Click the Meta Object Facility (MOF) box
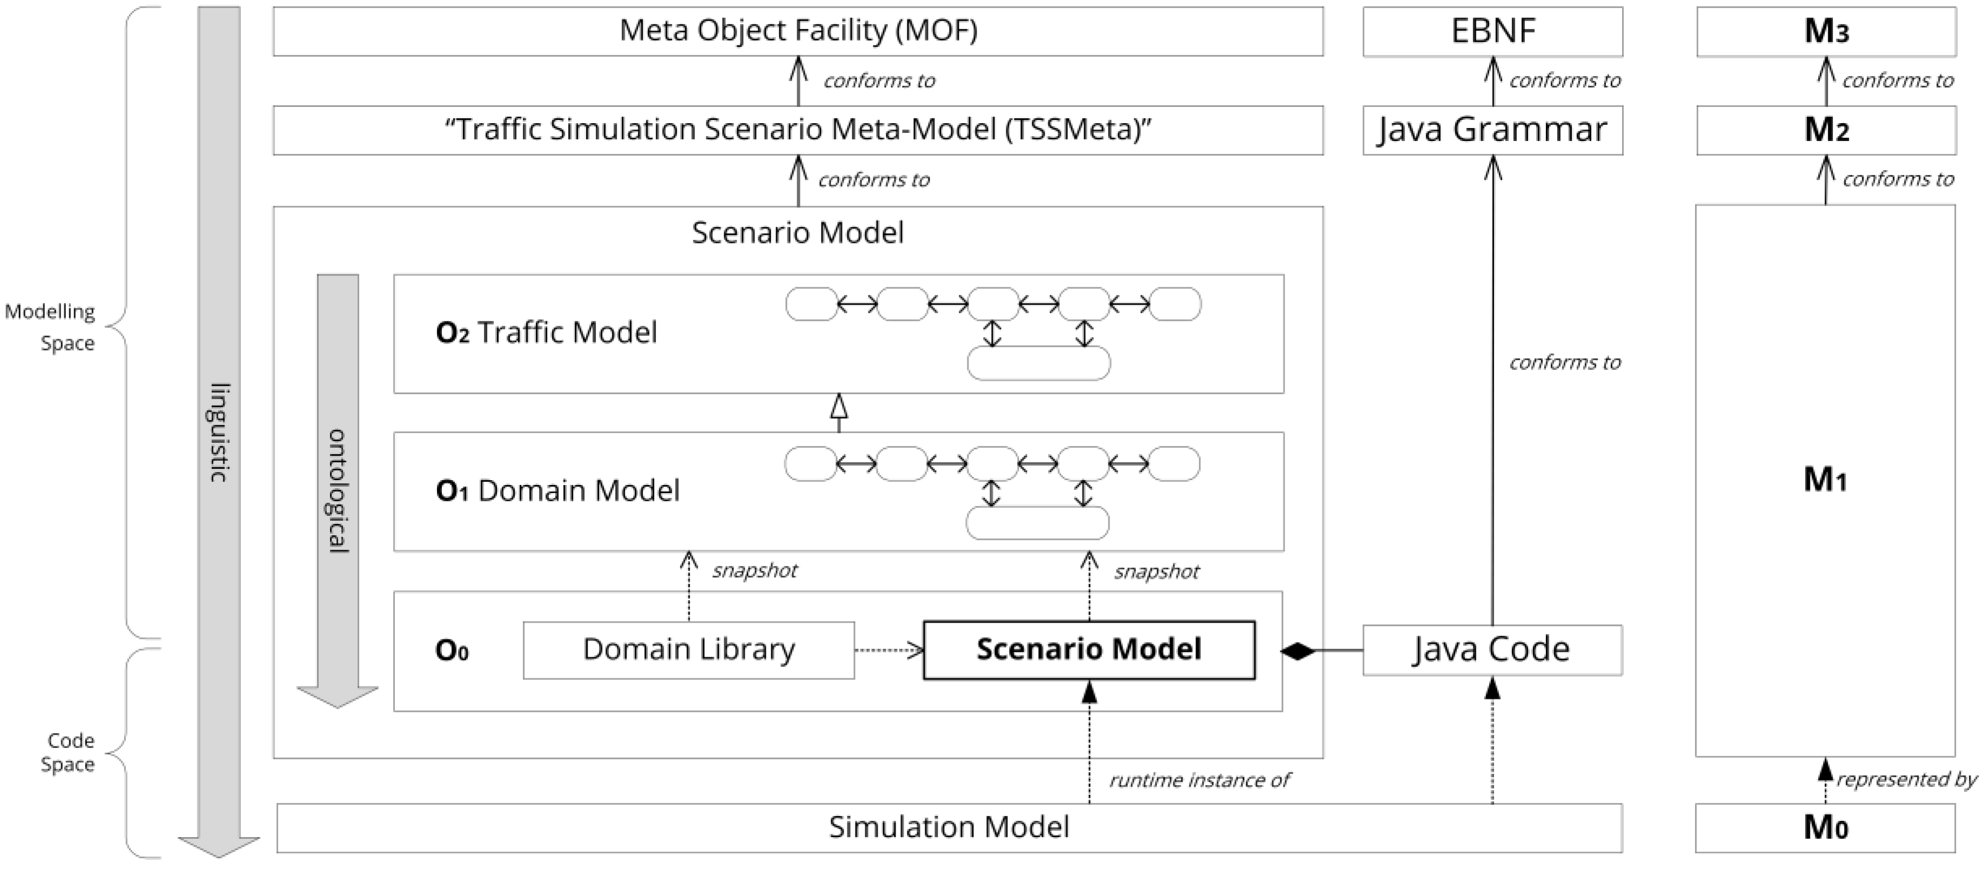[798, 31]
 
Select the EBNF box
[1492, 31]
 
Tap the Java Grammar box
[1492, 130]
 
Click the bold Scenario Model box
[1088, 649]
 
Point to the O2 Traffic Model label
[546, 333]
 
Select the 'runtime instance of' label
[1199, 780]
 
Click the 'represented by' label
[1906, 780]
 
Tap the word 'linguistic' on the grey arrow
[219, 432]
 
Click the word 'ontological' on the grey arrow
[338, 491]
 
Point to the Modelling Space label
[51, 327]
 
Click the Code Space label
[69, 752]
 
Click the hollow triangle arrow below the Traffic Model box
[839, 406]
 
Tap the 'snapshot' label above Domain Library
[754, 570]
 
